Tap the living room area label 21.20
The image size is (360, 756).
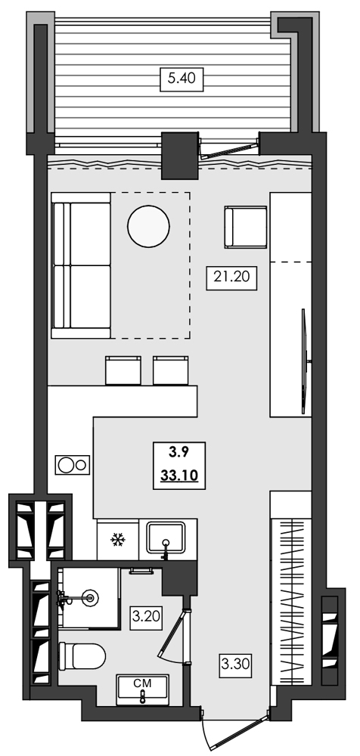tap(233, 277)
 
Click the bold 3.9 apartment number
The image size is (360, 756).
tap(178, 453)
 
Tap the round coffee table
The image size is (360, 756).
tap(148, 225)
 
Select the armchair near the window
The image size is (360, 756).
tap(245, 226)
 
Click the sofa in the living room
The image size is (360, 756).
tap(80, 265)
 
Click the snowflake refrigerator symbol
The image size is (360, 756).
tap(117, 539)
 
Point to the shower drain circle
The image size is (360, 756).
tap(92, 597)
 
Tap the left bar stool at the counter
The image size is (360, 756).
tap(123, 370)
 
